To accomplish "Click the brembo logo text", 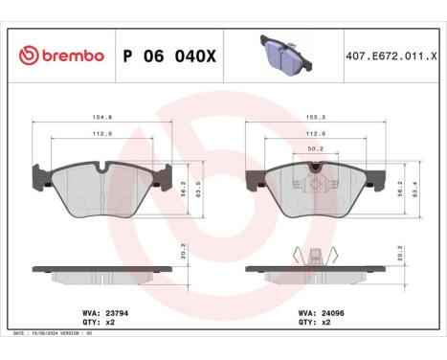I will pos(61,56).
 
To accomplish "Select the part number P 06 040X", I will pos(170,56).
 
